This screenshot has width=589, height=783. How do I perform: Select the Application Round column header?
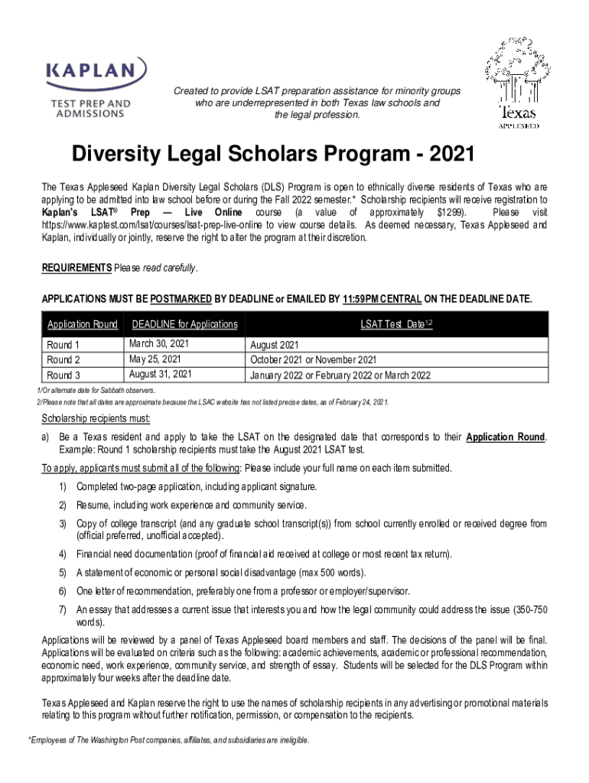point(83,324)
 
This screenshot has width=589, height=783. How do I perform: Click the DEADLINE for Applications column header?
point(184,324)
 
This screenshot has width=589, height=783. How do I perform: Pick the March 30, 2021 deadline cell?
point(159,344)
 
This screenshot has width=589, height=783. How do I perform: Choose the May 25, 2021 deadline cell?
point(155,359)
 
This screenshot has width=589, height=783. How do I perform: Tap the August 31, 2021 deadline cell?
point(161,374)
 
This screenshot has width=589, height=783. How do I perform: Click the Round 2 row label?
point(63,359)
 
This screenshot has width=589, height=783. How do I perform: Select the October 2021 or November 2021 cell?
point(314,359)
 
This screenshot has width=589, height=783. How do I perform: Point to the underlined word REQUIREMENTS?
point(76,268)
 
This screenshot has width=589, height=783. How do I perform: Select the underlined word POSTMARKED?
point(181,298)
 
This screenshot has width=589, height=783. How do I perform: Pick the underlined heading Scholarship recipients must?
point(96,418)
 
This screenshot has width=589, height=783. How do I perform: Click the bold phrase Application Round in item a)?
point(505,437)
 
